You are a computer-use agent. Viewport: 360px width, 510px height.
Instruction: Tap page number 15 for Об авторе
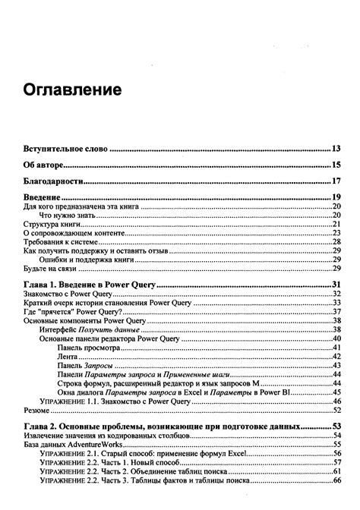click(339, 165)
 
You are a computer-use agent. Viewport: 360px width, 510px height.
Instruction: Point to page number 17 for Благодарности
click(339, 181)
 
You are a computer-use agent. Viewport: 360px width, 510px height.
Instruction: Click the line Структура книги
click(50, 225)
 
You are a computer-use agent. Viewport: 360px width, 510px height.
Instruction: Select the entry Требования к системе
click(58, 242)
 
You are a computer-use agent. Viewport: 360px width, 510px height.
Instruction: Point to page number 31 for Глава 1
click(339, 285)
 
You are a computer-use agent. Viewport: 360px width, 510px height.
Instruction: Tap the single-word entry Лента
click(68, 355)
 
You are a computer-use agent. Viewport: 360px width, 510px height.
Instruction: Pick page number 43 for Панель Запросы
click(339, 364)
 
